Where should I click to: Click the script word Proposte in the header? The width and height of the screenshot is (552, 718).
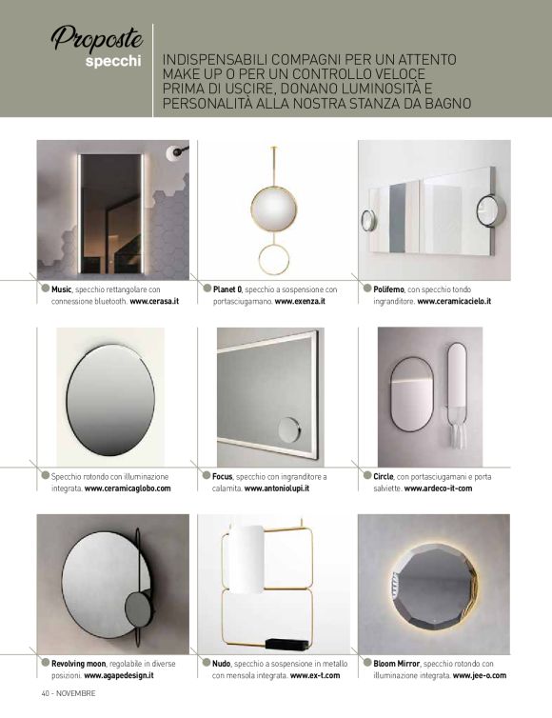tap(97, 38)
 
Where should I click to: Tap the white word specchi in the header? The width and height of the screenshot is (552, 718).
tap(113, 62)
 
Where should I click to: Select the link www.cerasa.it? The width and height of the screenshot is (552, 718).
tap(154, 301)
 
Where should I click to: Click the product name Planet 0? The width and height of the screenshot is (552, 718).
tap(227, 289)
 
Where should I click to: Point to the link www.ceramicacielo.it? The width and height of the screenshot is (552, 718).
tap(454, 301)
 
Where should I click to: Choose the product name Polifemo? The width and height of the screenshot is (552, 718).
tap(388, 289)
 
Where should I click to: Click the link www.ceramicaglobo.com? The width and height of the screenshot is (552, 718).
tap(128, 489)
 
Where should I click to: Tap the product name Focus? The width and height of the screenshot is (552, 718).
tap(223, 477)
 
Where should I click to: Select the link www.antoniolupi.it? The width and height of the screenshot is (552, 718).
tap(276, 489)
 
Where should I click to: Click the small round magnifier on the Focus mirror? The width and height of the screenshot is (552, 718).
tap(289, 429)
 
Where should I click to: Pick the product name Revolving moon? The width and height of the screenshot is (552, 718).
tap(79, 664)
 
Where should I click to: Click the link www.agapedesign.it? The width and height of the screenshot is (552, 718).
tap(119, 675)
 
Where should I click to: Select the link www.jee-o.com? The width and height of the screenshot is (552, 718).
tap(480, 675)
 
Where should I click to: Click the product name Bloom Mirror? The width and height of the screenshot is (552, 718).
tap(396, 664)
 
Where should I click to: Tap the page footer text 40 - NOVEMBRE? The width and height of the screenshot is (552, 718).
tap(69, 693)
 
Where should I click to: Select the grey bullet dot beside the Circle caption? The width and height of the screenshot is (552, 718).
tap(367, 475)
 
